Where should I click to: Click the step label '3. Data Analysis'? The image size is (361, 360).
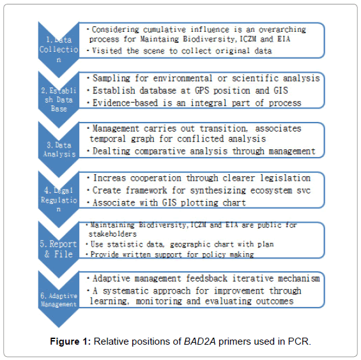point(59,149)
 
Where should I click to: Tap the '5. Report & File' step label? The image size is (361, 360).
point(58,249)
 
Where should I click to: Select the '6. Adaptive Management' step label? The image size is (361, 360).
point(59,300)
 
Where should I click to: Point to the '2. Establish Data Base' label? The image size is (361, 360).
point(59,100)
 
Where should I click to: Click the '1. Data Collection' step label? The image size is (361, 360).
point(59,49)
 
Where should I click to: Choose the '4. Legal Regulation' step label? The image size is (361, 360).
point(59,199)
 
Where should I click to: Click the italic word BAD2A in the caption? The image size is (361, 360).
point(199,341)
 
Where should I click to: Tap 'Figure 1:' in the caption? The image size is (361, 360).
point(70,341)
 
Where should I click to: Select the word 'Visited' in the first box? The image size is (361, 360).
point(107,50)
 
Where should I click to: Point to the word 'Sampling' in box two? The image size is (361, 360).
point(111,79)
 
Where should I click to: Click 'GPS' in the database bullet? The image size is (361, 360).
point(202,91)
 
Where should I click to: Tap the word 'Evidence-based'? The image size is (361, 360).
point(125,103)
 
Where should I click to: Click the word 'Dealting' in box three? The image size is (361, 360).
point(111,151)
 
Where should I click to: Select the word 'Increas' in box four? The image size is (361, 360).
point(109,178)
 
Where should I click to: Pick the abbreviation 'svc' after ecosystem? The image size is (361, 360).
point(303,190)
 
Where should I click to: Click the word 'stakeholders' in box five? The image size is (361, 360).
point(112,234)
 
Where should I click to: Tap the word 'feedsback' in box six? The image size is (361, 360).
point(206,278)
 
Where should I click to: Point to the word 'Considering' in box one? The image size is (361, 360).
point(116,29)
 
